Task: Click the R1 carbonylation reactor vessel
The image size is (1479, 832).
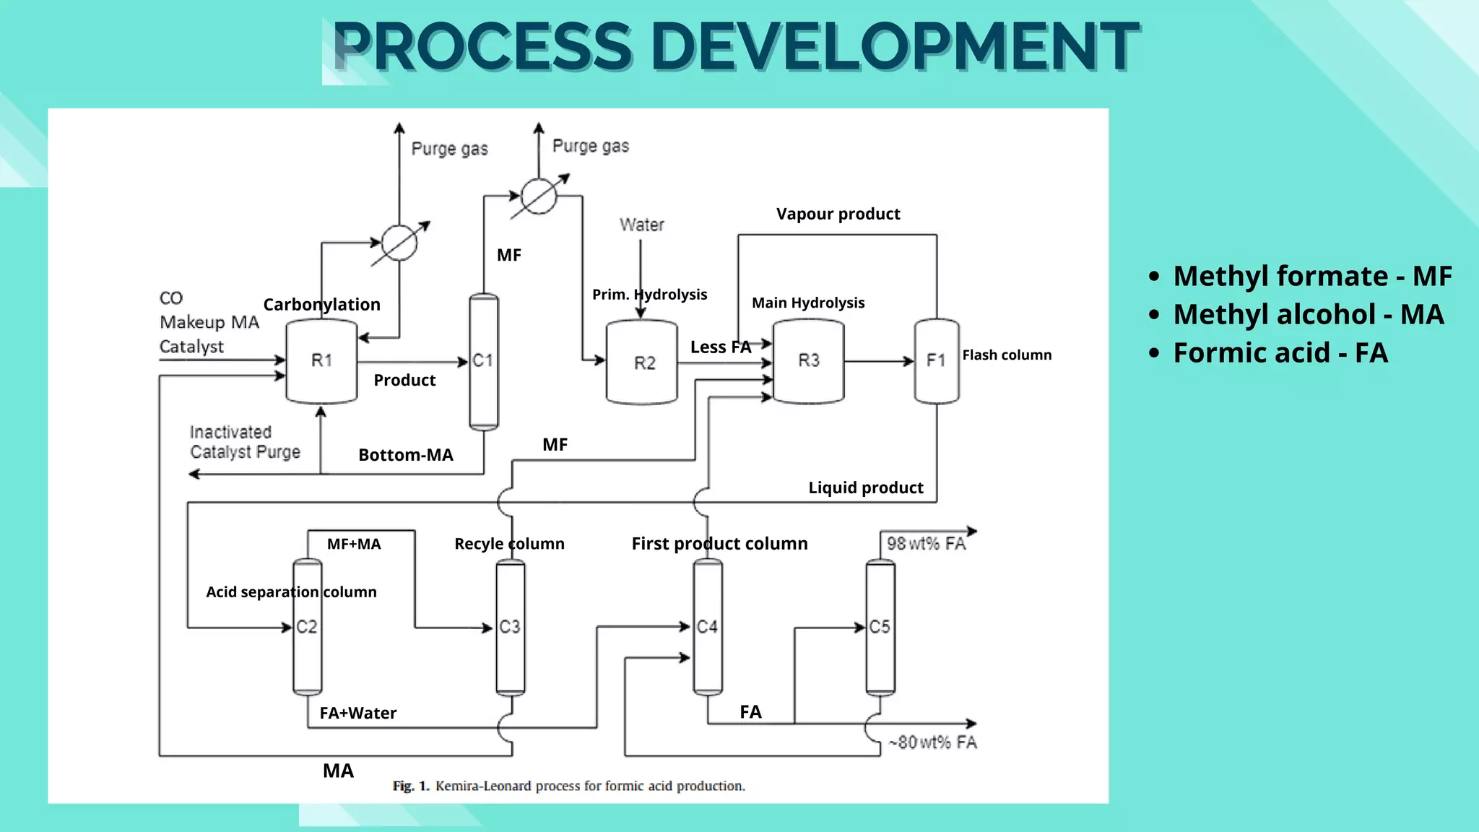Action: pos(321,361)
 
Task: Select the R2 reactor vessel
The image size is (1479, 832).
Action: pos(642,363)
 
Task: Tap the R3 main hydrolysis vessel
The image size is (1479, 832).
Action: pos(808,360)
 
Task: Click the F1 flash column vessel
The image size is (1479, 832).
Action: pos(937,360)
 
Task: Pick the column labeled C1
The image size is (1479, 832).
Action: pos(483,361)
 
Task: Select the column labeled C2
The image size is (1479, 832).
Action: pos(307,627)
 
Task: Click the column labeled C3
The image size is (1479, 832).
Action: pos(510,627)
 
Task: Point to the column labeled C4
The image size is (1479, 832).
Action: pos(707,627)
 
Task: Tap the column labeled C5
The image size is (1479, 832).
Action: pos(880,627)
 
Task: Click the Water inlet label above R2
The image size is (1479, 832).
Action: pos(641,225)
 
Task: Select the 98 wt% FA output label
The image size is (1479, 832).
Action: pos(926,543)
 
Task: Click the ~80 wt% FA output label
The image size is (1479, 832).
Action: pos(932,742)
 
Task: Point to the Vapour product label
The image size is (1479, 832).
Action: pos(838,214)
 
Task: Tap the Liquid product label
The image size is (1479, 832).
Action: pos(865,487)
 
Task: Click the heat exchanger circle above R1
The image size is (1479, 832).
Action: pos(399,243)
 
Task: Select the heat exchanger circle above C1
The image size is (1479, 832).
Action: pos(539,196)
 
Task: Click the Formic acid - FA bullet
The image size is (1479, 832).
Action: pos(1280,353)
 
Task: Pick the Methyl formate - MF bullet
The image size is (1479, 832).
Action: pos(1311,276)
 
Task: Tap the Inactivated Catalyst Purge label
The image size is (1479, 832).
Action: pos(245,442)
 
